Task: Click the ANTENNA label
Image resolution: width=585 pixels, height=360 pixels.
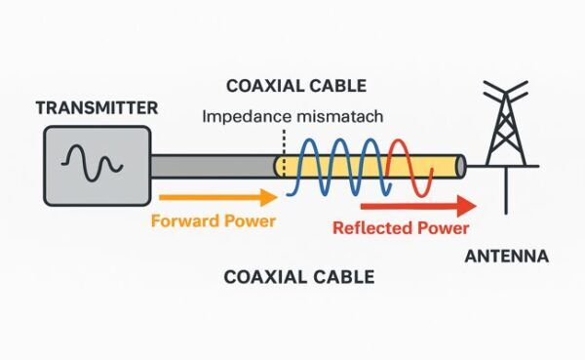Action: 507,258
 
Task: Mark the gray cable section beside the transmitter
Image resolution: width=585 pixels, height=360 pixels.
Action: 210,167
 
